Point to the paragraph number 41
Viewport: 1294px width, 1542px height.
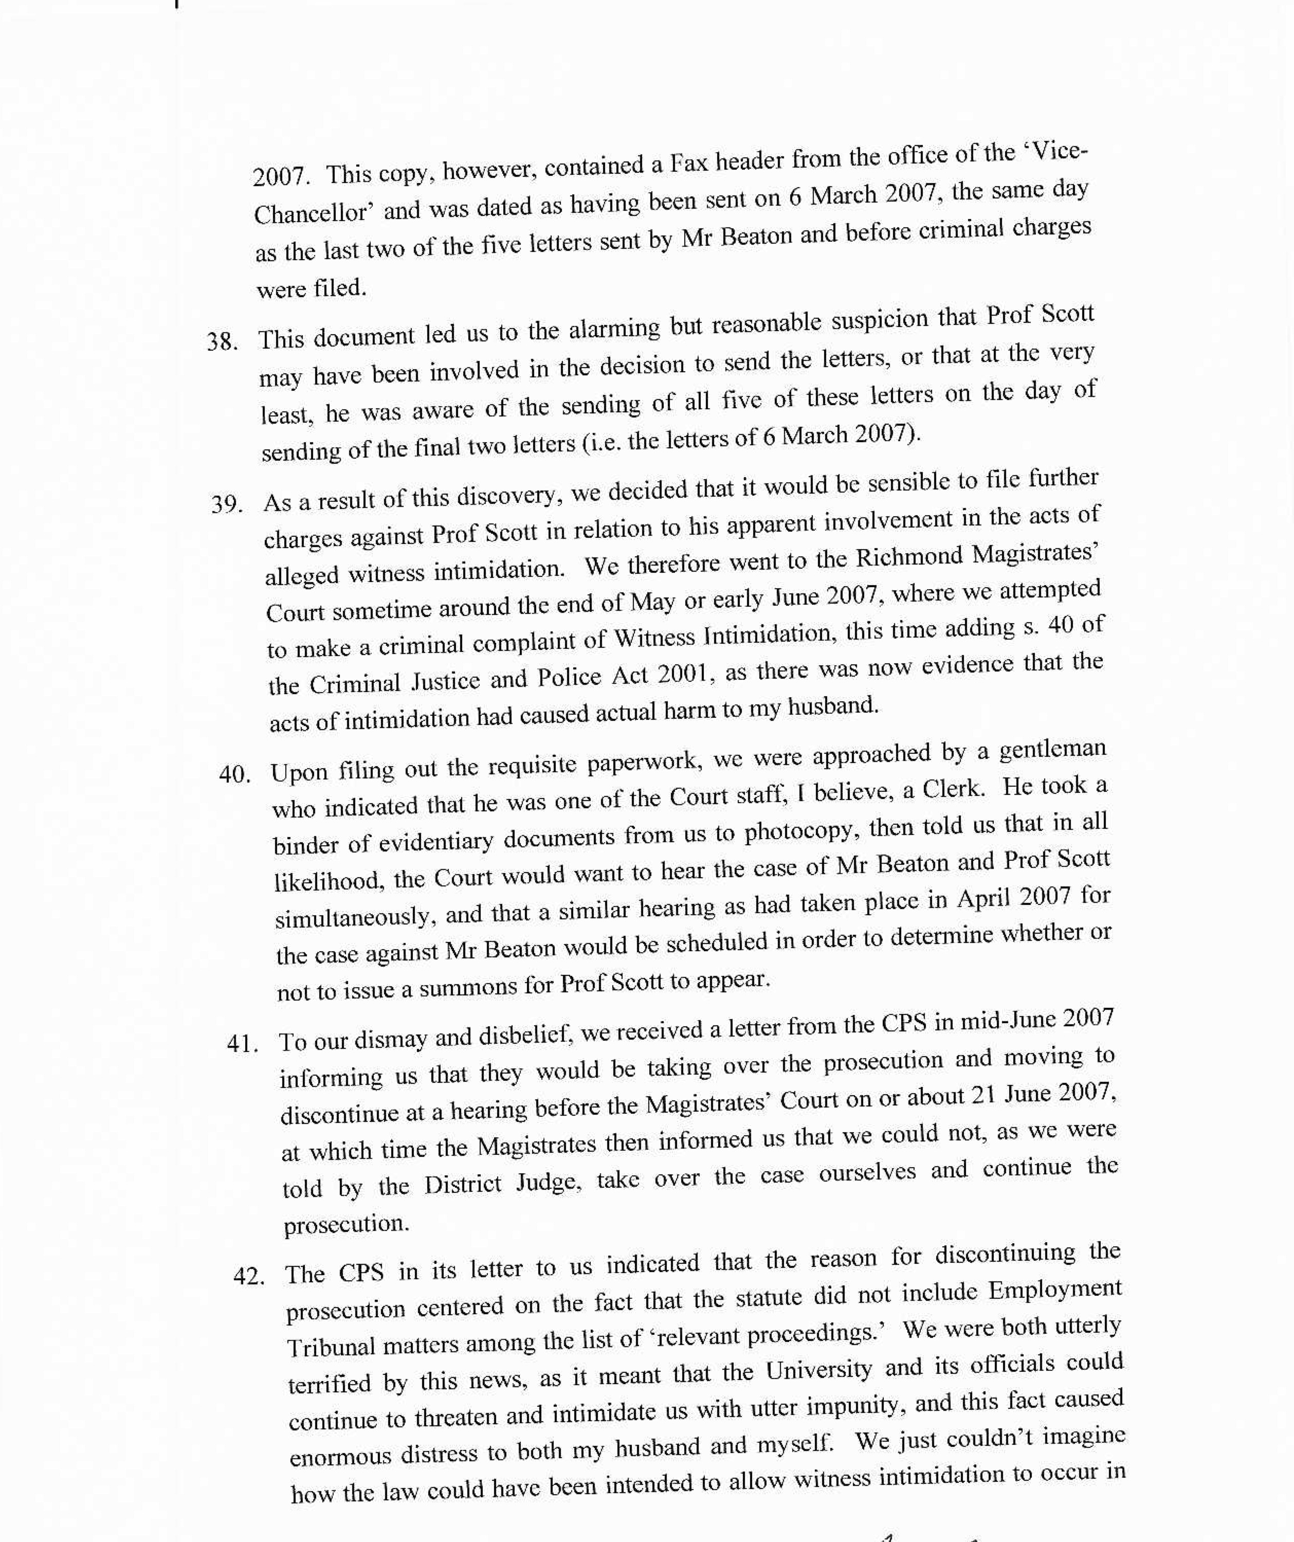(242, 1043)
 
